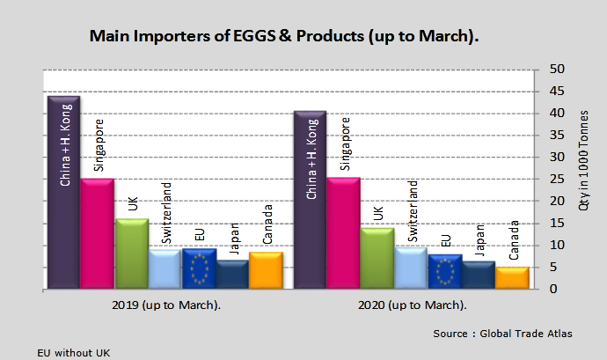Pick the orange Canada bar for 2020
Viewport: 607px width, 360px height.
(512, 278)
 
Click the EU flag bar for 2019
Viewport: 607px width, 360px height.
(199, 268)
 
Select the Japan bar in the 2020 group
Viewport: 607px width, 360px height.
(478, 275)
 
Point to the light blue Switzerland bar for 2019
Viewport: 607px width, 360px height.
(165, 269)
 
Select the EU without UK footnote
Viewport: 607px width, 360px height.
(74, 351)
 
